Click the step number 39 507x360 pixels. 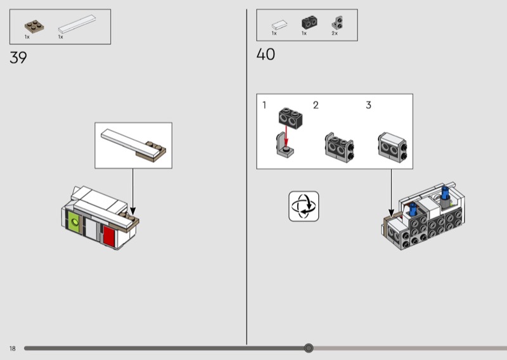point(18,58)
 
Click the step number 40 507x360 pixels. point(266,54)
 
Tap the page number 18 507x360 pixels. point(13,349)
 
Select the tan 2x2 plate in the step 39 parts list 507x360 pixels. point(34,27)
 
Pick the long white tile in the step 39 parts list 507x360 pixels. point(77,24)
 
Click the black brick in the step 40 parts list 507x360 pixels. point(309,23)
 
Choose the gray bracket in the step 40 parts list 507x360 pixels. point(337,23)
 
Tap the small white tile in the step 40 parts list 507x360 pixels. point(279,25)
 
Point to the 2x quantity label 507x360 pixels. point(335,34)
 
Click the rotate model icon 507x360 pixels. point(304,207)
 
